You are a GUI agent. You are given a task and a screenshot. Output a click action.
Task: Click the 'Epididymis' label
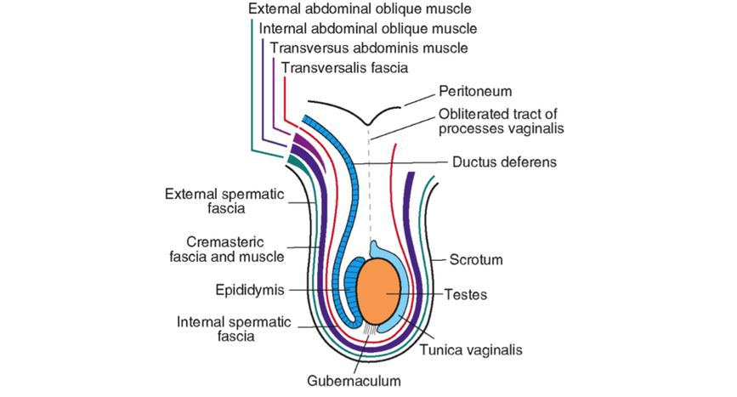pos(251,288)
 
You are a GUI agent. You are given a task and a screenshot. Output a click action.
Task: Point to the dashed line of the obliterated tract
pos(370,187)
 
